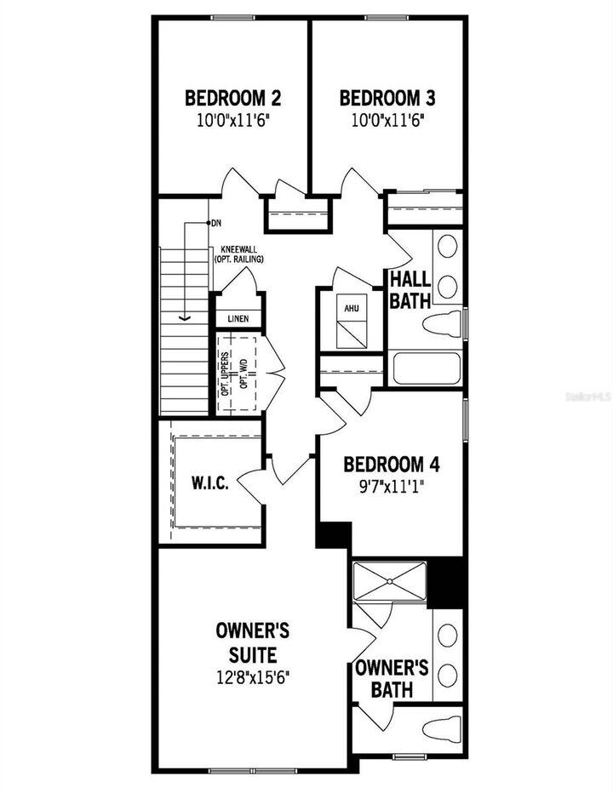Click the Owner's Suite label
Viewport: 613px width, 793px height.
(253, 642)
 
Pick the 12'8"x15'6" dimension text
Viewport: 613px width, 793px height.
(253, 678)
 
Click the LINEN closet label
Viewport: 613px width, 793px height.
(238, 319)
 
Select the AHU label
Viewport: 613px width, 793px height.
(351, 308)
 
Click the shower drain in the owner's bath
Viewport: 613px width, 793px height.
(389, 581)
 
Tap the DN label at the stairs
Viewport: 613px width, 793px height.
(217, 223)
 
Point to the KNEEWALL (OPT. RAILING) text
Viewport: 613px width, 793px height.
(238, 254)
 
